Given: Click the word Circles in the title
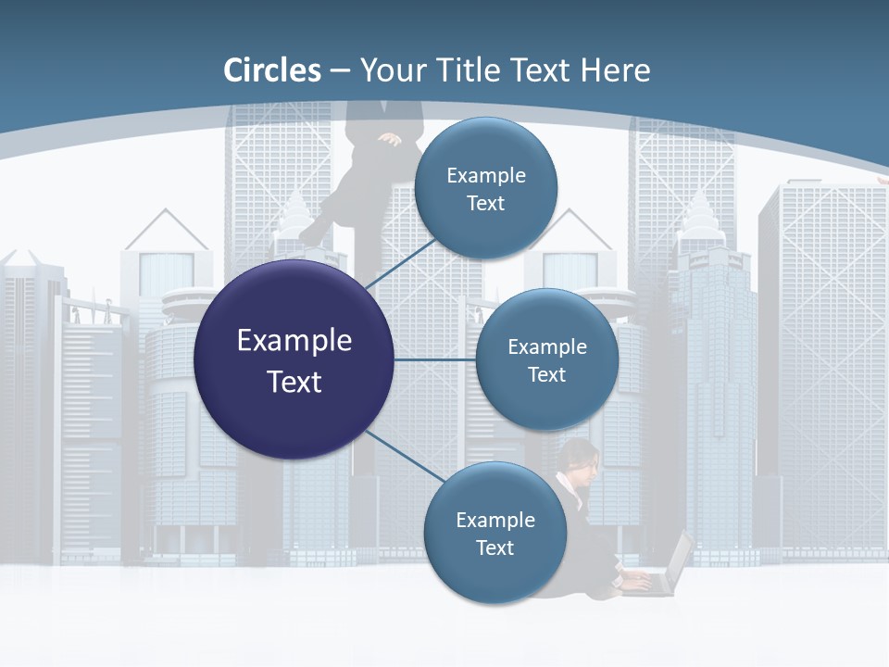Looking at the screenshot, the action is pyautogui.click(x=272, y=70).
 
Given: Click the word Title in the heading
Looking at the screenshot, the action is pyautogui.click(x=464, y=70).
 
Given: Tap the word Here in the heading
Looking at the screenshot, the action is pyautogui.click(x=615, y=70).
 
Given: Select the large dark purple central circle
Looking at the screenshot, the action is pyautogui.click(x=294, y=359).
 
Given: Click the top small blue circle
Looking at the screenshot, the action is pyautogui.click(x=485, y=188).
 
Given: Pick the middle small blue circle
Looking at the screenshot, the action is pyautogui.click(x=547, y=359).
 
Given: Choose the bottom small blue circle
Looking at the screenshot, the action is pyautogui.click(x=495, y=533).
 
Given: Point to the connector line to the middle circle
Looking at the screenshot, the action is pyautogui.click(x=435, y=359).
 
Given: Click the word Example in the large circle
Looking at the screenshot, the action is pyautogui.click(x=294, y=341).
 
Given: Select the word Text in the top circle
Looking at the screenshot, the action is pyautogui.click(x=485, y=204).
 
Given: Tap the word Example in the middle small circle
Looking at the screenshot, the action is pyautogui.click(x=547, y=347).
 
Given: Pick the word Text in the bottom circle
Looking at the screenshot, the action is pyautogui.click(x=495, y=548).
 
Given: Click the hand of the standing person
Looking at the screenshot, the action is pyautogui.click(x=390, y=141).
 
